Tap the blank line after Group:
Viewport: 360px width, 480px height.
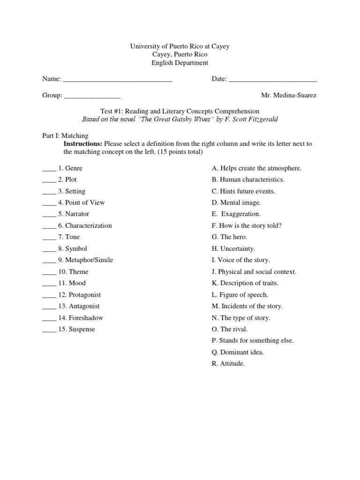point(92,97)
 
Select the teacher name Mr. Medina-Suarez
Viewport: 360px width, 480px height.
point(289,95)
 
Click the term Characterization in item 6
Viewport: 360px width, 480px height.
point(88,225)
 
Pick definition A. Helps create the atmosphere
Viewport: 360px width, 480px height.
point(257,168)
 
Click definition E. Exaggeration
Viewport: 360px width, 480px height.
point(236,214)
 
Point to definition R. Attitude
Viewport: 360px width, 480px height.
point(228,363)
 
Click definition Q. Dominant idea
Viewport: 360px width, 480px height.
point(238,352)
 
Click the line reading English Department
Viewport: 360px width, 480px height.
point(180,63)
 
